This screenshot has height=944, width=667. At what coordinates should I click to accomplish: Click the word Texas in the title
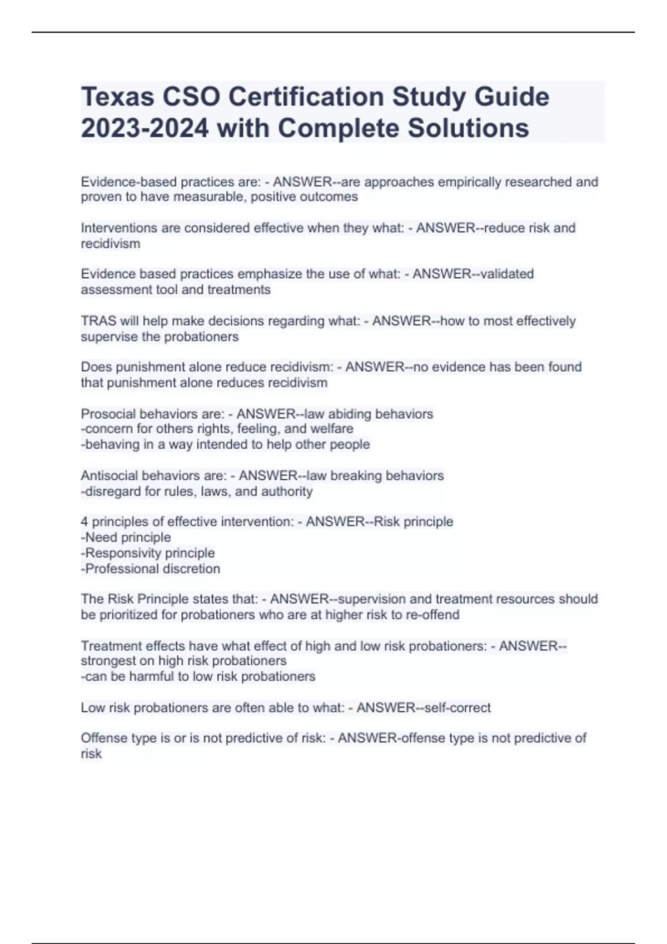pos(117,97)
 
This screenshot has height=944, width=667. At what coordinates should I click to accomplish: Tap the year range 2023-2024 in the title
pos(145,128)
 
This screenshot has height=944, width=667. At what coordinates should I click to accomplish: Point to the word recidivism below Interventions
pos(111,244)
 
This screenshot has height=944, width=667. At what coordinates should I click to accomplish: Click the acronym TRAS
pos(98,321)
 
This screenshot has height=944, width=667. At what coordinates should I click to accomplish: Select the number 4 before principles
pos(84,522)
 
